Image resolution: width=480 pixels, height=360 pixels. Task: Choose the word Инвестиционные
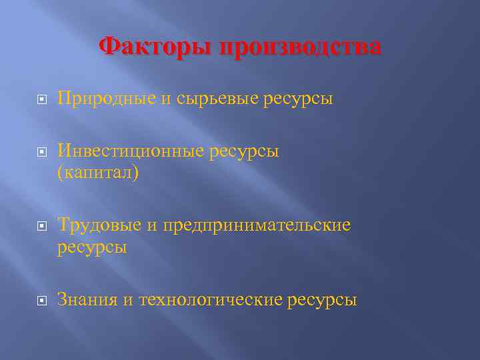pos(127,152)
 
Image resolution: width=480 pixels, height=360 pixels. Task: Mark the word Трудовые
pos(99,225)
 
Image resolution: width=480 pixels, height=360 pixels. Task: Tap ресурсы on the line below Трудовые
pos(92,247)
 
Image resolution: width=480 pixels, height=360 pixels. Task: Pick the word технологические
pos(211,300)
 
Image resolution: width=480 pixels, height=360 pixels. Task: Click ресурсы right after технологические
pos(322,300)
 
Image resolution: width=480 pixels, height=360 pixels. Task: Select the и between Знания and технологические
pos(127,300)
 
